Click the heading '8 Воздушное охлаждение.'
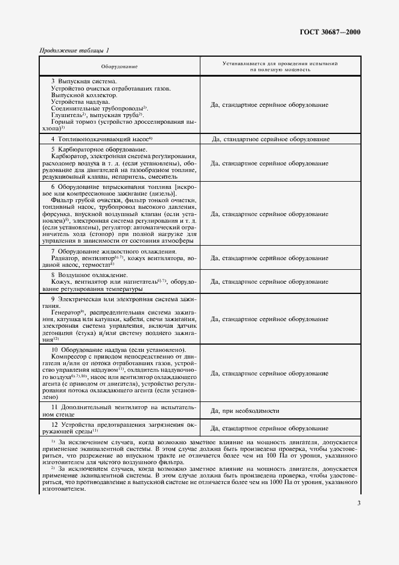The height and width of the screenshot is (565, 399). click(x=85, y=275)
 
